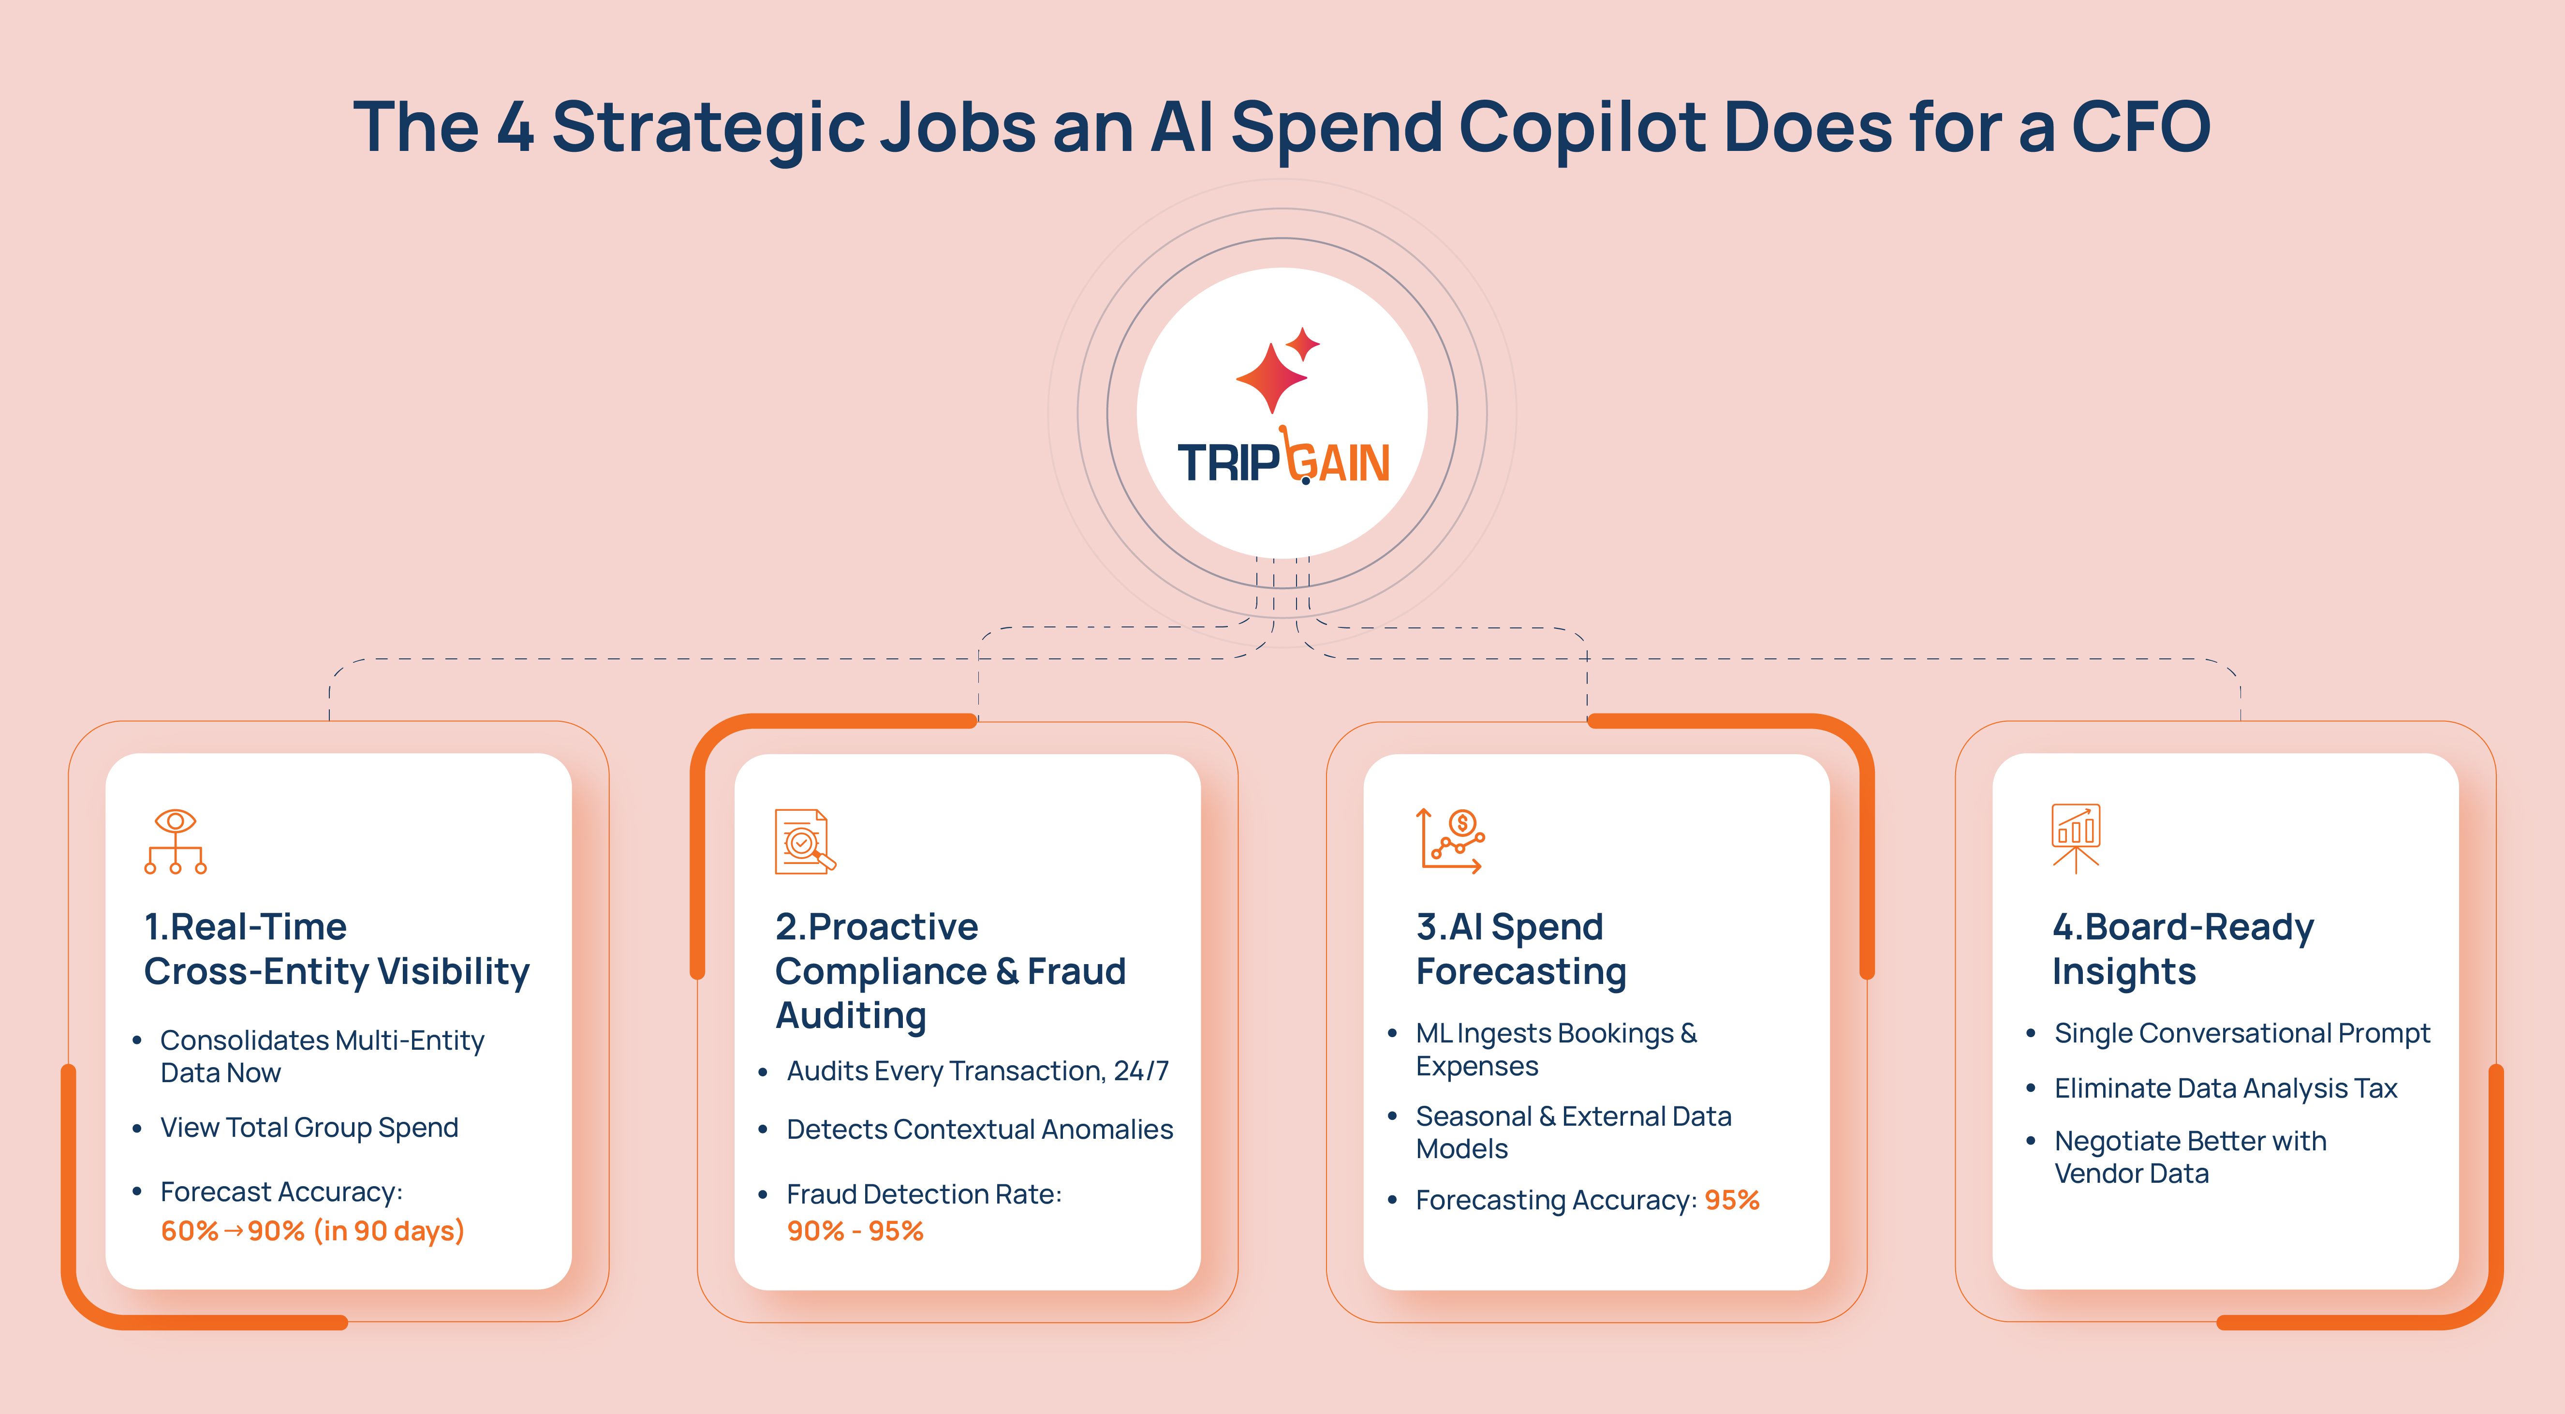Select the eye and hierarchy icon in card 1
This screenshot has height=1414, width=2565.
click(x=175, y=841)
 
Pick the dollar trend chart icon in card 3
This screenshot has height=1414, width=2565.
click(x=1451, y=841)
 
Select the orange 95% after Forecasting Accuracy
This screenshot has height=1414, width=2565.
click(x=1732, y=1200)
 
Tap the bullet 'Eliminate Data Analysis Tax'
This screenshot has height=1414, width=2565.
click(x=2226, y=1088)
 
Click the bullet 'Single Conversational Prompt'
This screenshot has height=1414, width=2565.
click(x=2242, y=1034)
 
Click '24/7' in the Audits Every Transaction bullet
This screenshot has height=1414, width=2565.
click(x=1141, y=1071)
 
